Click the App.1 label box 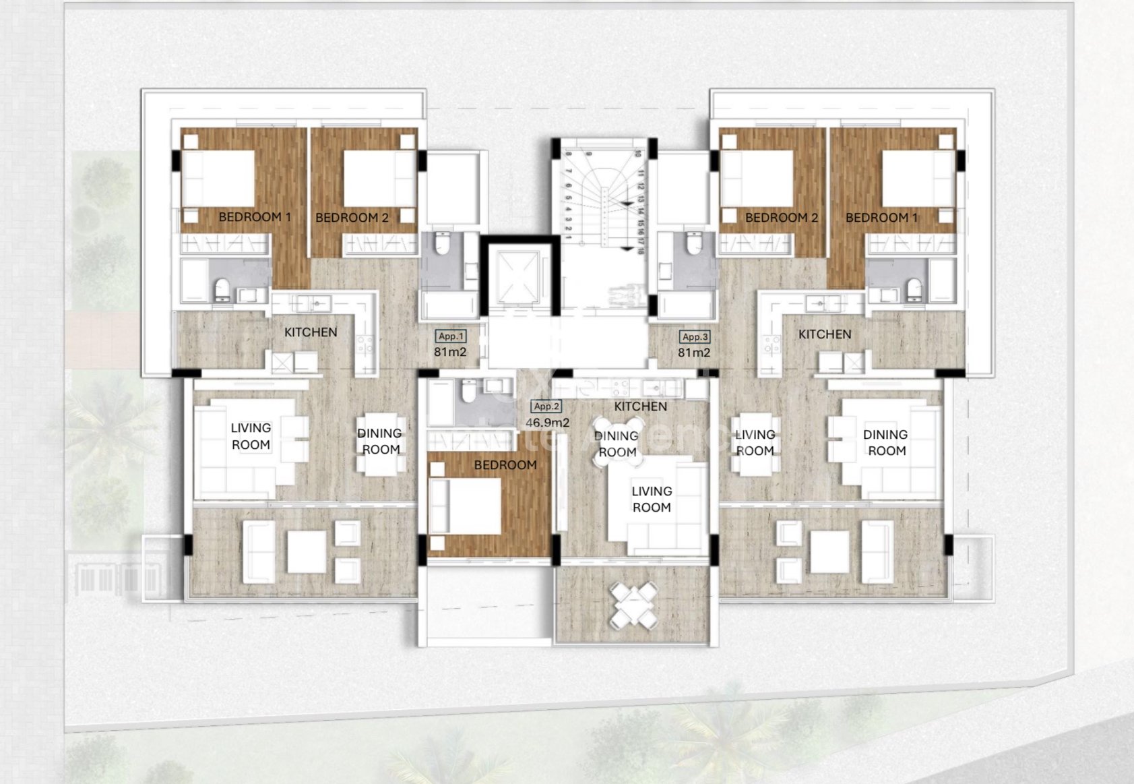pos(451,336)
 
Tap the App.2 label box pos(546,406)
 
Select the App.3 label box pos(695,336)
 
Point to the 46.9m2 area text pos(547,423)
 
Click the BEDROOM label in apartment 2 pos(505,465)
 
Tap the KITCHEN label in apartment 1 pos(311,332)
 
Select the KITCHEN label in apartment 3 pos(825,334)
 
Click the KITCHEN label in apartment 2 pos(640,406)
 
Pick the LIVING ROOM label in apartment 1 pos(251,436)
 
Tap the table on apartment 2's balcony pos(633,605)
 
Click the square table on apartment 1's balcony pos(307,552)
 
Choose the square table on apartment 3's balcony pos(829,552)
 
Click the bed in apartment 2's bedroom pos(466,506)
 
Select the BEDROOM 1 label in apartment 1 pos(255,217)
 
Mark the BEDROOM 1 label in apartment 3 pos(881,218)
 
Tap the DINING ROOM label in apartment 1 pos(380,442)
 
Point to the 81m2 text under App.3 pos(694,353)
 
